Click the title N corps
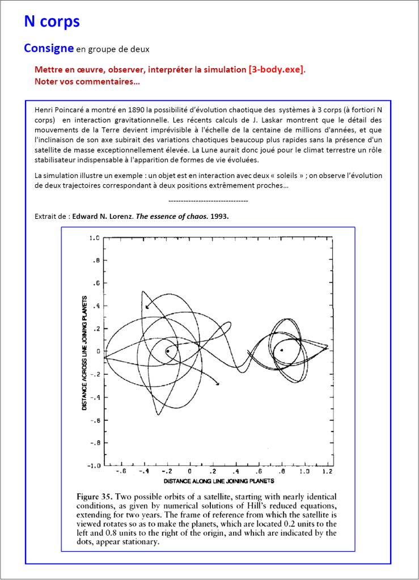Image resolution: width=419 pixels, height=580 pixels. pyautogui.click(x=52, y=22)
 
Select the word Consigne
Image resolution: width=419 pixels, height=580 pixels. pyautogui.click(x=48, y=48)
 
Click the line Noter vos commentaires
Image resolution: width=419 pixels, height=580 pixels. pyautogui.click(x=87, y=82)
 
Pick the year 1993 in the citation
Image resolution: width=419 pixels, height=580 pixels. pyautogui.click(x=219, y=217)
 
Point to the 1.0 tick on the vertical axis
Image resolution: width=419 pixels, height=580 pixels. pyautogui.click(x=94, y=238)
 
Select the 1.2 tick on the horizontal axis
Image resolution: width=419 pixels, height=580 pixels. pyautogui.click(x=327, y=471)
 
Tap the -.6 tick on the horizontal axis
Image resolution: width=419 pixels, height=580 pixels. pyautogui.click(x=120, y=471)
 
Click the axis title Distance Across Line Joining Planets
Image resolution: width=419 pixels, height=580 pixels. pyautogui.click(x=84, y=353)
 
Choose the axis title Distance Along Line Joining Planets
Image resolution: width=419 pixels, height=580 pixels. pyautogui.click(x=215, y=481)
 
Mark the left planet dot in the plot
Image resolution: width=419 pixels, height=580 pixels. pyautogui.click(x=168, y=352)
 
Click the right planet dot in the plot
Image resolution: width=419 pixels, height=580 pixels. pyautogui.click(x=282, y=350)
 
